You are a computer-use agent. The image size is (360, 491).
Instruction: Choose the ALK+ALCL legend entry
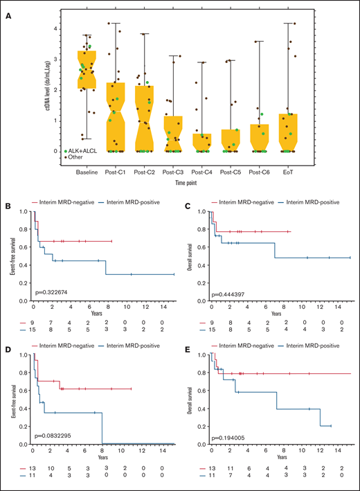pyautogui.click(x=81, y=150)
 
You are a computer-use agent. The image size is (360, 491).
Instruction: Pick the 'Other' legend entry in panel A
pyautogui.click(x=75, y=157)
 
